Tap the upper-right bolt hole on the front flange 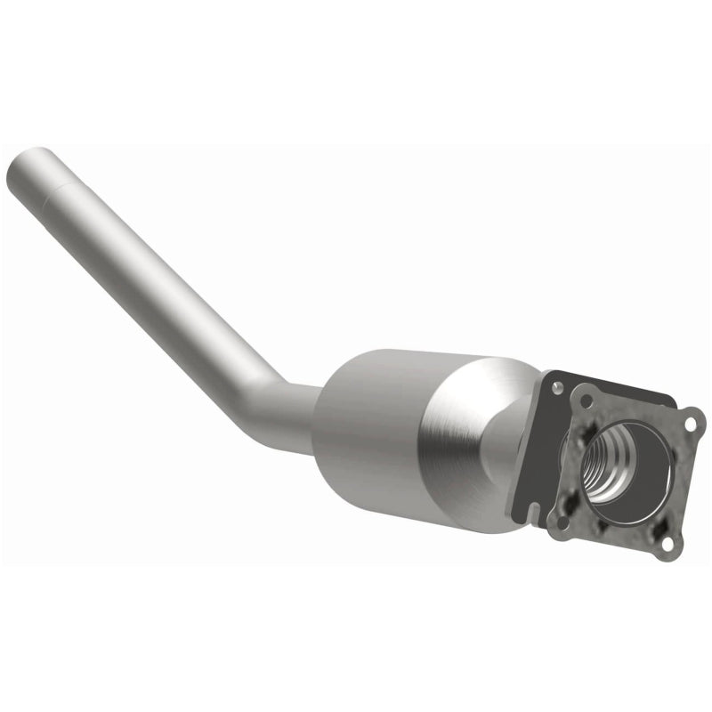688,425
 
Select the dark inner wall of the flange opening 645,463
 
